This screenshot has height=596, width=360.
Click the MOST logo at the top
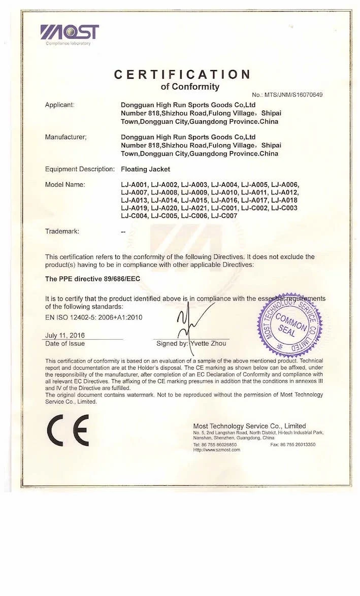(x=70, y=32)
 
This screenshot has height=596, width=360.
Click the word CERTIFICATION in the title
(x=182, y=75)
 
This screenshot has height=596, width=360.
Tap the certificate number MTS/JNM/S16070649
(x=287, y=95)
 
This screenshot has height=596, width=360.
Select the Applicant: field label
(x=60, y=105)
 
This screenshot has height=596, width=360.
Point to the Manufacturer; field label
(x=66, y=137)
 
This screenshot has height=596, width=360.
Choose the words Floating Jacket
(x=145, y=169)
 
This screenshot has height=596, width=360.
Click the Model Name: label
(x=65, y=184)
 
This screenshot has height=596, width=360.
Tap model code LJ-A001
(x=134, y=184)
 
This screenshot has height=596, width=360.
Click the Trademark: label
(x=62, y=231)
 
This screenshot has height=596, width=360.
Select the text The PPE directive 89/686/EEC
(x=92, y=279)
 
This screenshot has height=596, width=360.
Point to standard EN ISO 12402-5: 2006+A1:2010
(x=94, y=317)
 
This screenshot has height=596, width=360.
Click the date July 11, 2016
(x=65, y=336)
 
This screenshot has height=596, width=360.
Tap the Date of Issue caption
(x=65, y=344)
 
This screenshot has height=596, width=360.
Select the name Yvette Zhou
(x=209, y=344)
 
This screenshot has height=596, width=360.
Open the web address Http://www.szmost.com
(x=216, y=449)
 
